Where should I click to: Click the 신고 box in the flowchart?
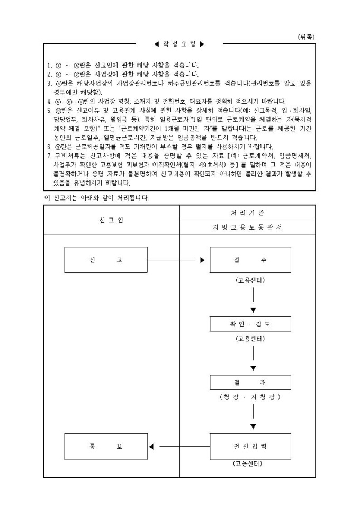coord(105,260)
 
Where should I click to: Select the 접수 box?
coord(250,260)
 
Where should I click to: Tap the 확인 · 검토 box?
coord(250,324)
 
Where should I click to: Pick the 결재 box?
coord(250,383)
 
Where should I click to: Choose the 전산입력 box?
coord(250,447)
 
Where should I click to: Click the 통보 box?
coord(105,447)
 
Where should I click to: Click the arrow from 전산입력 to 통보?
coord(180,447)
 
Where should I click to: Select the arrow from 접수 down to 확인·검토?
coord(253,302)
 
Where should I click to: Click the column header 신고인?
coord(111,220)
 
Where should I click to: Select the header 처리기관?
coord(248,212)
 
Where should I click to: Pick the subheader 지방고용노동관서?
coord(248,227)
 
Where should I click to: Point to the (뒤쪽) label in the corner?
coord(306,37)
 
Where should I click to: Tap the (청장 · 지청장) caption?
coord(250,397)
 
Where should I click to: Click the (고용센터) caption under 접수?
coord(250,279)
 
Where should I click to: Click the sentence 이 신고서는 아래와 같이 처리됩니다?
coord(96,198)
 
